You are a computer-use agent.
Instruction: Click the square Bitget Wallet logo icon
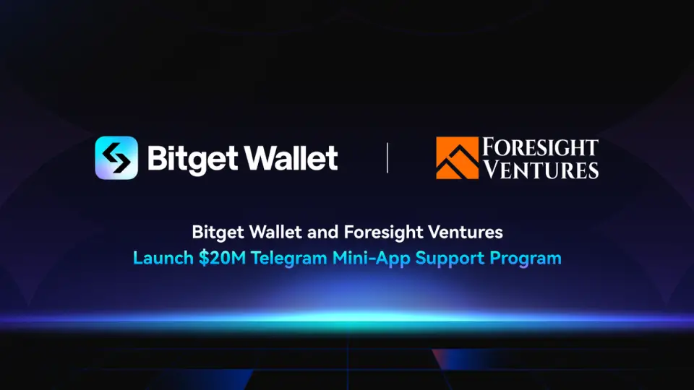116,158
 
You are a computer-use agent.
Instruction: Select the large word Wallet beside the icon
291,158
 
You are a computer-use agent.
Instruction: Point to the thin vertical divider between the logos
387,158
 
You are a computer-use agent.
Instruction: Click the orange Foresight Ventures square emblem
457,158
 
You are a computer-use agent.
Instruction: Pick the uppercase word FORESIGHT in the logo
540,147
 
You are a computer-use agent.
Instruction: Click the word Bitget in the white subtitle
218,233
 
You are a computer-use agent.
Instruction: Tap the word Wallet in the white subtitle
275,232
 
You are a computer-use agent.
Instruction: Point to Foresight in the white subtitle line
382,233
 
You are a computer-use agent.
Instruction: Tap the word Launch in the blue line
163,258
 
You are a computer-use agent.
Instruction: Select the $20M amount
222,258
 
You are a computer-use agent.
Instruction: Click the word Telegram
289,259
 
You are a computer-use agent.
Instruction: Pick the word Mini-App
372,259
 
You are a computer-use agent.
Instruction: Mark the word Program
526,259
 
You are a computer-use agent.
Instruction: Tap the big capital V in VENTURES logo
492,169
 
